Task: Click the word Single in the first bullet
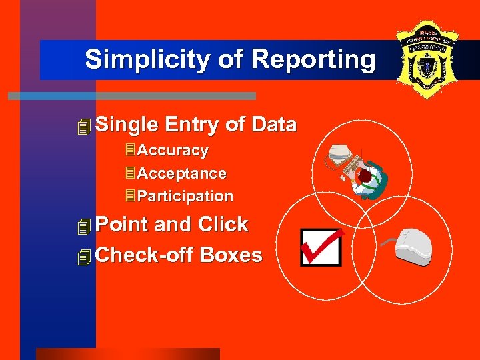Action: pos(126,125)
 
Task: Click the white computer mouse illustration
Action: pos(414,247)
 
